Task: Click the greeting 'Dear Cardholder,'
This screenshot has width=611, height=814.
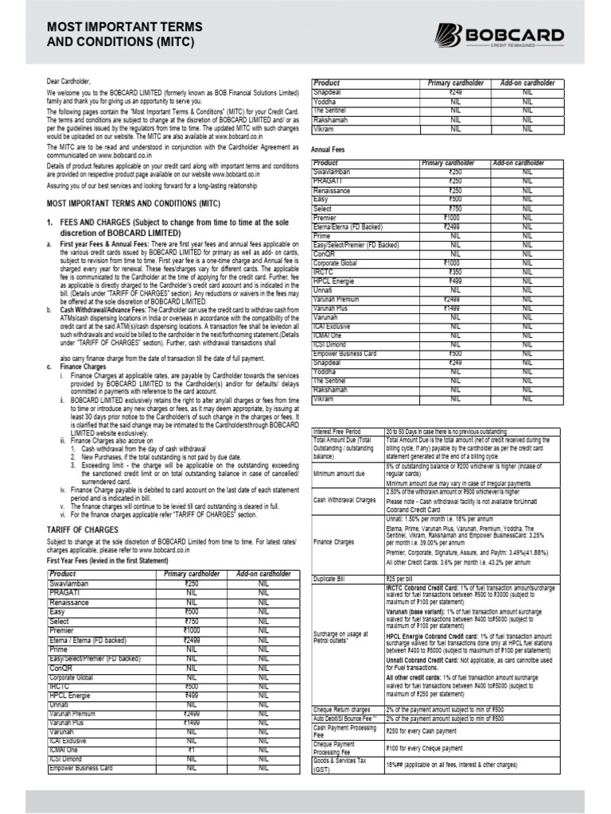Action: pos(70,82)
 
